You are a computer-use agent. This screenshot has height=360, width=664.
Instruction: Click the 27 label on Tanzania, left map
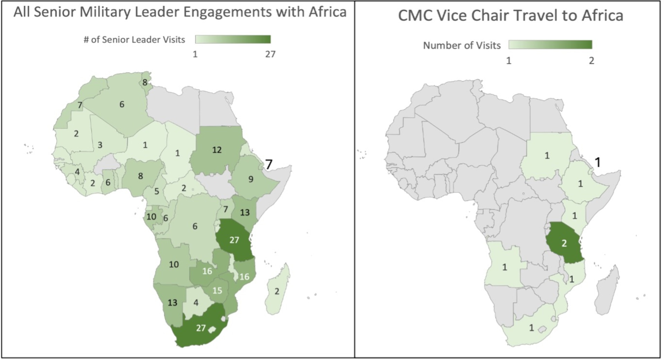click(234, 240)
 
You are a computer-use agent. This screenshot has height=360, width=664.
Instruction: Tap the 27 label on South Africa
click(201, 328)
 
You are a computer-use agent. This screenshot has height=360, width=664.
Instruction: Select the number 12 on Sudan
click(217, 150)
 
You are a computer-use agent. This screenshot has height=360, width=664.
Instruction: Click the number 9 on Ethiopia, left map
click(251, 179)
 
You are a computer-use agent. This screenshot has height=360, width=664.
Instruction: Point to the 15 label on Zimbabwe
click(217, 290)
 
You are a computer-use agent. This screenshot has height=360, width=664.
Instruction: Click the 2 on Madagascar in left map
click(277, 291)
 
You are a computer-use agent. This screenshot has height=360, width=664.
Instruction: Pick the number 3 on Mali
click(100, 145)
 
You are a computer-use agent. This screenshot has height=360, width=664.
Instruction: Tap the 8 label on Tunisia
click(145, 82)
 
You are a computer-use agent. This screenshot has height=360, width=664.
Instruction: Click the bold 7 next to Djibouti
click(269, 164)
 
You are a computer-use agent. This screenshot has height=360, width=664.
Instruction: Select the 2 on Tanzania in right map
click(564, 243)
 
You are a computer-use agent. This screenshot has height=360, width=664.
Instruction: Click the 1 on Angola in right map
click(505, 267)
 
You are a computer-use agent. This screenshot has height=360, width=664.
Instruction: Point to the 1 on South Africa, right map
click(532, 327)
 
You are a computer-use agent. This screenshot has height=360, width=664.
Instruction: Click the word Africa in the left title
click(328, 12)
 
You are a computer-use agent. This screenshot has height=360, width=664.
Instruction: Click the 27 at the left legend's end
click(270, 54)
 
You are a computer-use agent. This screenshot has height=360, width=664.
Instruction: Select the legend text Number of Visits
click(462, 45)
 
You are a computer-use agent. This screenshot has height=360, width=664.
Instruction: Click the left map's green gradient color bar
click(233, 39)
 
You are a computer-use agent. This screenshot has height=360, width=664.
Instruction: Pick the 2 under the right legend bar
click(591, 61)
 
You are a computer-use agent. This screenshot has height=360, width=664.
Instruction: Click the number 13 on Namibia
click(172, 303)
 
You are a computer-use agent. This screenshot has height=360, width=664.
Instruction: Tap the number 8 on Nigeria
click(140, 176)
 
